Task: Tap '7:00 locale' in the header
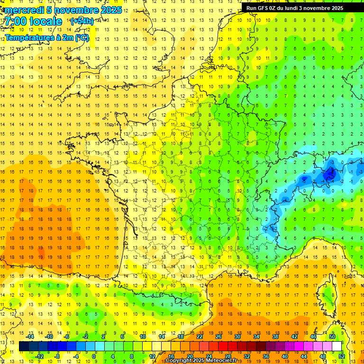click(x=33, y=21)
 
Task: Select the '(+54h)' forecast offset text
click(x=82, y=21)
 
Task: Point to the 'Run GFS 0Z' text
click(x=263, y=8)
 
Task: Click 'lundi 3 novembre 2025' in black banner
click(x=327, y=8)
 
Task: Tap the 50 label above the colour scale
click(x=332, y=337)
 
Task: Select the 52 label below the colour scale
click(x=341, y=356)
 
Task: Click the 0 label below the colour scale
click(x=94, y=356)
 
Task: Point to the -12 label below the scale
click(x=39, y=356)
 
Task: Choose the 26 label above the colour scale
click(x=218, y=337)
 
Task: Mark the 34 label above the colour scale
click(x=256, y=337)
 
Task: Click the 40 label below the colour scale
click(x=284, y=356)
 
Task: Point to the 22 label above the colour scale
click(x=200, y=337)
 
